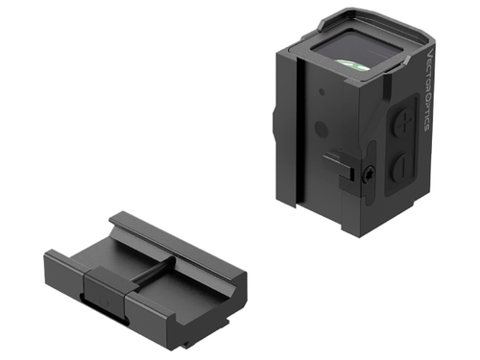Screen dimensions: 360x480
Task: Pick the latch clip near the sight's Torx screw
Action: pos(339,163)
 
